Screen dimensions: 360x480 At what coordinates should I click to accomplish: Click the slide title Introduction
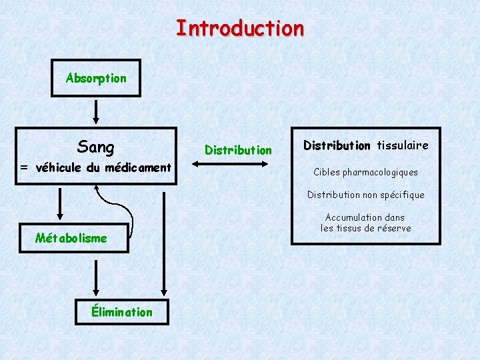240,28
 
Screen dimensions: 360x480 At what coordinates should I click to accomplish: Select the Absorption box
96,78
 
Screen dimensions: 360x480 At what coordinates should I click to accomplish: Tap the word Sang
96,147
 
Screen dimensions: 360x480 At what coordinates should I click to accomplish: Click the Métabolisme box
71,238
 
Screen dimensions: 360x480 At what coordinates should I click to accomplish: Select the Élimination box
121,311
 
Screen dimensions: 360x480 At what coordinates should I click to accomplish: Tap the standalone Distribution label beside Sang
238,150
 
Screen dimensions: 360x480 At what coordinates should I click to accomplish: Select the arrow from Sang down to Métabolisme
60,204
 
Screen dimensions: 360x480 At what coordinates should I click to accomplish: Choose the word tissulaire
402,145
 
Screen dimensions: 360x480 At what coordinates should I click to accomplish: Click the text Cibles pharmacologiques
366,172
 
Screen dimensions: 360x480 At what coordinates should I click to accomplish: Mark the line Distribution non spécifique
366,195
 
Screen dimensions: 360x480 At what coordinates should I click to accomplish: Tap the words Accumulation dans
365,217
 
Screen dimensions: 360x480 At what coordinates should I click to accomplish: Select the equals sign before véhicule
23,168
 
